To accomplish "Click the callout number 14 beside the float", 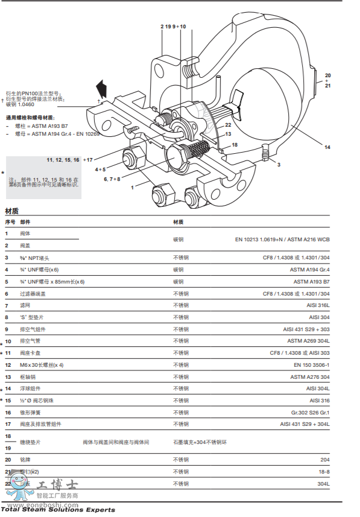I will click(x=327, y=147).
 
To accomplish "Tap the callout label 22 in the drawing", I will click(x=229, y=125).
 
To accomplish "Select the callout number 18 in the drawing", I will click(x=235, y=145).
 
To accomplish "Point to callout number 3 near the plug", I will click(x=278, y=164).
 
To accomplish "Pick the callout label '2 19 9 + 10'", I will click(x=173, y=27).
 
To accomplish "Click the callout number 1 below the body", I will click(x=132, y=188).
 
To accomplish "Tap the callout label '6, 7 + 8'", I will click(x=112, y=179).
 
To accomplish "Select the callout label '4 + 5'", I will click(x=100, y=170).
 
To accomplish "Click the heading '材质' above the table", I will click(x=11, y=211).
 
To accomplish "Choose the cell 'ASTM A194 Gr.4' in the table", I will click(x=311, y=270).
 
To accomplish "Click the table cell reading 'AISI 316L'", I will click(x=318, y=305).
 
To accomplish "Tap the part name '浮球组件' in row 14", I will click(x=30, y=389).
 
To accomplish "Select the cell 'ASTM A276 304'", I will click(x=310, y=376).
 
